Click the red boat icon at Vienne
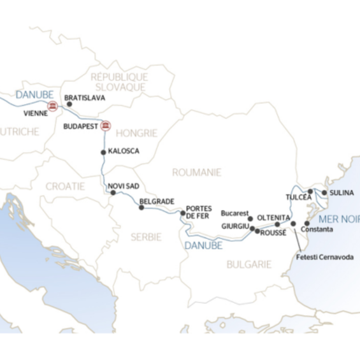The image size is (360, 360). [52, 106]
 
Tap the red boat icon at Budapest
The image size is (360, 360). [107, 126]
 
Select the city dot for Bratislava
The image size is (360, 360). [69, 103]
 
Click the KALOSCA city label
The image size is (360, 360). [124, 152]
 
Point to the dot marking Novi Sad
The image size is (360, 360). [113, 192]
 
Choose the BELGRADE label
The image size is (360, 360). [157, 201]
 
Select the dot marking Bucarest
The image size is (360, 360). [250, 219]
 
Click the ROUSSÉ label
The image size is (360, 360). [274, 233]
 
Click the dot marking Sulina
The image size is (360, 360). [324, 192]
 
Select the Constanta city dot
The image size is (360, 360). [306, 224]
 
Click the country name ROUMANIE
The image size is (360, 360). [197, 172]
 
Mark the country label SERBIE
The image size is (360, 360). [146, 236]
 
